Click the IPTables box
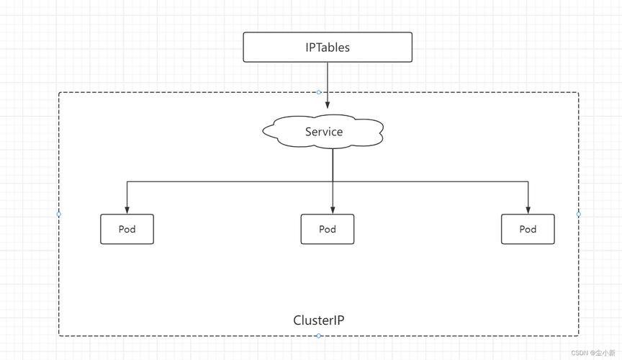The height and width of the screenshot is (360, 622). (x=328, y=48)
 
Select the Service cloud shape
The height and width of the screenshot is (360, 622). (x=323, y=131)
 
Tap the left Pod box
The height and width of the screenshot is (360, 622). (x=127, y=229)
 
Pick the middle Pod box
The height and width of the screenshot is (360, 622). (x=328, y=229)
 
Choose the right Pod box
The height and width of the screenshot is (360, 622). (x=528, y=229)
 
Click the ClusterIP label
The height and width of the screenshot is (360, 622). (x=318, y=320)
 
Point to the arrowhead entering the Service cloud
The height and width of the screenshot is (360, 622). (x=328, y=105)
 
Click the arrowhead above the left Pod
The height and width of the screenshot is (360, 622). (x=127, y=210)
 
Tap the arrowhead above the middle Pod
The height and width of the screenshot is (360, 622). (x=333, y=210)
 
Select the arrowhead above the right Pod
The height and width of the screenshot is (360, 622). (x=528, y=210)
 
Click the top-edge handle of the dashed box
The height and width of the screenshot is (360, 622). (x=318, y=92)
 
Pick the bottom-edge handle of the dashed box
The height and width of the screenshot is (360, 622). (x=318, y=336)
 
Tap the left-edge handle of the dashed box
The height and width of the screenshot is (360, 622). (x=59, y=214)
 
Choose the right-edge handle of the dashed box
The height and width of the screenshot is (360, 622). (x=578, y=214)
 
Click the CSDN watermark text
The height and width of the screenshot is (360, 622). (x=593, y=353)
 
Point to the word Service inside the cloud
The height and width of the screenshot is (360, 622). (x=324, y=132)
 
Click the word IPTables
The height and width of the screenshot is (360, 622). (x=328, y=48)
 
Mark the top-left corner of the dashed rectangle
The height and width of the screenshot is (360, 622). (x=59, y=92)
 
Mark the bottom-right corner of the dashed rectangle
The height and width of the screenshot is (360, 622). (x=578, y=336)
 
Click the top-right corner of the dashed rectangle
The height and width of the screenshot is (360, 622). (x=578, y=92)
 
